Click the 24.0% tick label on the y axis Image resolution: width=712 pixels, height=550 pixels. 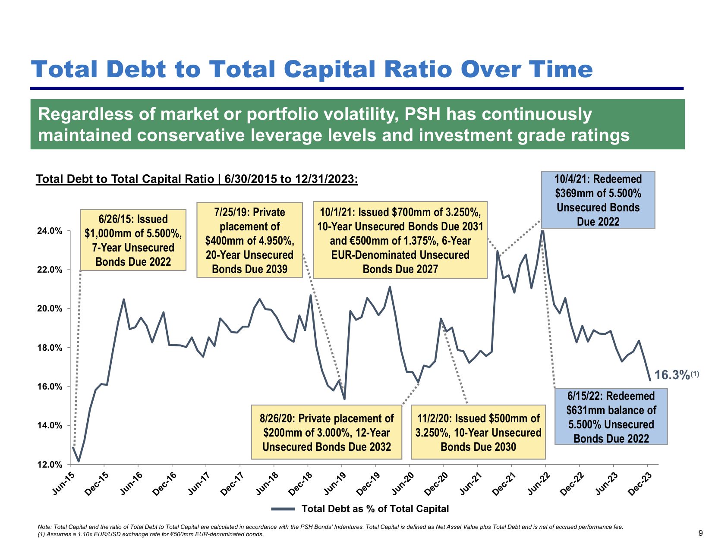tap(50, 231)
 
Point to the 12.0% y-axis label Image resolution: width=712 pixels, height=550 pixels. tap(50, 465)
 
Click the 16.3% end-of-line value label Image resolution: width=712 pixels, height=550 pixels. tap(672, 375)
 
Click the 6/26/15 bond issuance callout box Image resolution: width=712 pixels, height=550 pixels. tap(133, 240)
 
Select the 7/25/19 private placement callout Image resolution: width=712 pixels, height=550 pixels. tap(249, 240)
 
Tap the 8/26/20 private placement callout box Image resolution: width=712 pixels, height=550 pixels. tap(327, 432)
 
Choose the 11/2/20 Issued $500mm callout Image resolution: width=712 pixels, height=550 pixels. tap(478, 432)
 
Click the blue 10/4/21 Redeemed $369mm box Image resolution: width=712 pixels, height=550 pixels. tap(598, 200)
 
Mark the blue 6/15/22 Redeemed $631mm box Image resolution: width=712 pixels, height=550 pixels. tap(611, 417)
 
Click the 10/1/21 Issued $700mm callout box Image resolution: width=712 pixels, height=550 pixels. tap(400, 240)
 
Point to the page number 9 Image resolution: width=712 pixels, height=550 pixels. tap(700, 533)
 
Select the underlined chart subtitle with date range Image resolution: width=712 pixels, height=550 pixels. tap(197, 179)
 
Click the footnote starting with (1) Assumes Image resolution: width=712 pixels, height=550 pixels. tap(151, 534)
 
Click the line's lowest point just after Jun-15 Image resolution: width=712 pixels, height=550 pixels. tap(79, 461)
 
